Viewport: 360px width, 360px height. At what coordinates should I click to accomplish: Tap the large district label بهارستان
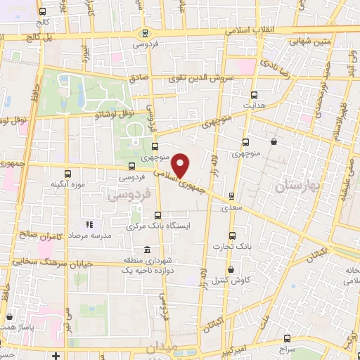[x=297, y=181]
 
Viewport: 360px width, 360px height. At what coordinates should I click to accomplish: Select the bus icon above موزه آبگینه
[x=67, y=174]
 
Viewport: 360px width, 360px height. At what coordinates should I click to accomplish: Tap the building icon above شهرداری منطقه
[x=146, y=250]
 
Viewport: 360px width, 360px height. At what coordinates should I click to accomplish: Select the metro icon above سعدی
[x=231, y=196]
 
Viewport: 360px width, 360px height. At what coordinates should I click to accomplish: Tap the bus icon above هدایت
[x=253, y=94]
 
